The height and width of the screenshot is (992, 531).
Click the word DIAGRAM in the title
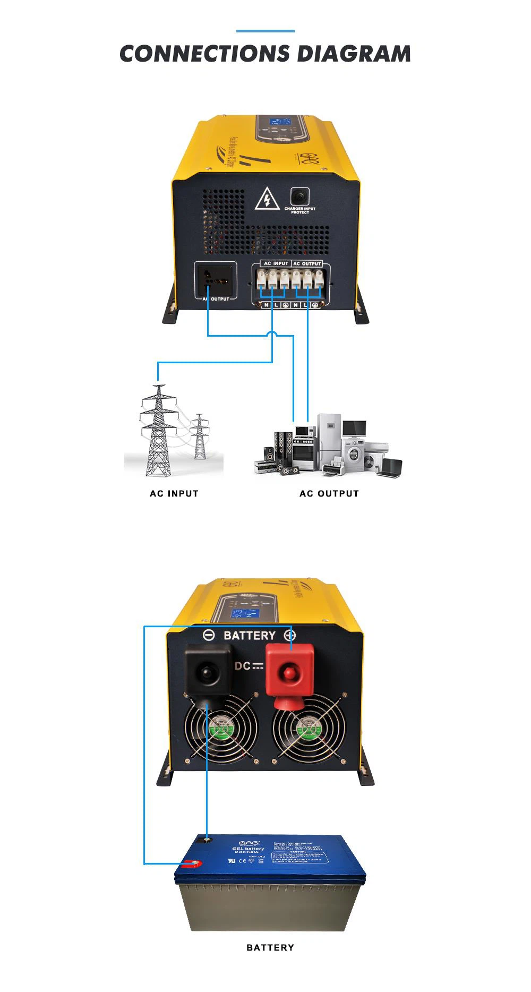coord(354,54)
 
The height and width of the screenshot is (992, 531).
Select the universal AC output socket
coord(215,280)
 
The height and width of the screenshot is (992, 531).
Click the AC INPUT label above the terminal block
coord(276,263)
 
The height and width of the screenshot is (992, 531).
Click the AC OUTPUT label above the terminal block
coord(307,263)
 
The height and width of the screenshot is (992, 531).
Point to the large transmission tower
coord(157,430)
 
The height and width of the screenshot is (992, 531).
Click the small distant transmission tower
coord(199,436)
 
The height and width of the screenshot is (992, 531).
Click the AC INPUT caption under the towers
coord(174,493)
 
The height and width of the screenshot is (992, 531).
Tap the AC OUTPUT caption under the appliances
coord(329,493)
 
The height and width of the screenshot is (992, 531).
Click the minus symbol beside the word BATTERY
coord(209,635)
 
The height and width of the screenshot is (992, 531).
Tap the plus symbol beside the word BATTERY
coord(289,635)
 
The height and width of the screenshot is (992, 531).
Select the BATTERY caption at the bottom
coord(270,947)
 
